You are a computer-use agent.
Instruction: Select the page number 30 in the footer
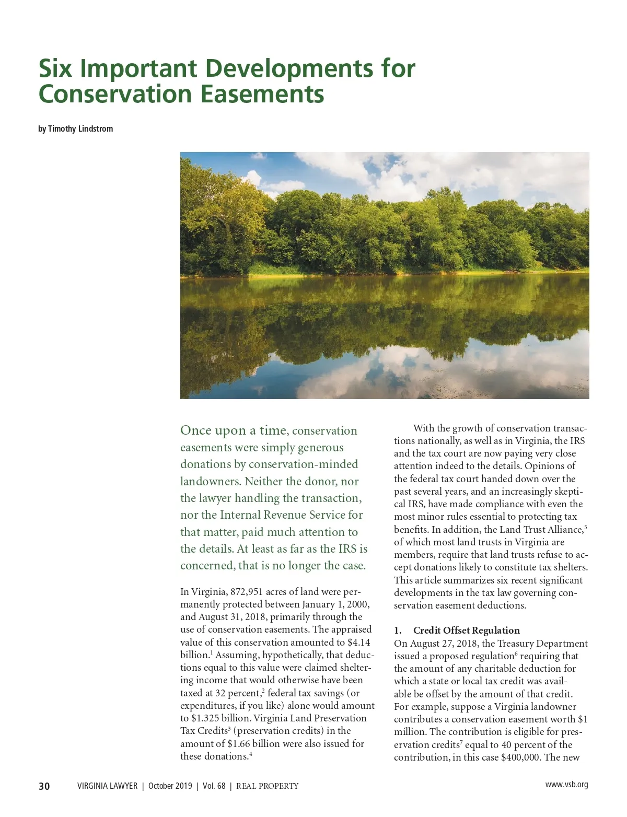pyautogui.click(x=44, y=786)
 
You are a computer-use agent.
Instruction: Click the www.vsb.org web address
pyautogui.click(x=566, y=785)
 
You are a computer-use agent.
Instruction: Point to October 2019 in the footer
pyautogui.click(x=170, y=786)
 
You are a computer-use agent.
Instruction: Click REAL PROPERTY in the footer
pyautogui.click(x=267, y=786)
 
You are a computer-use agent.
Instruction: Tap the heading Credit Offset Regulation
pyautogui.click(x=466, y=631)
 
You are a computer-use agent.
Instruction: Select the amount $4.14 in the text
pyautogui.click(x=358, y=643)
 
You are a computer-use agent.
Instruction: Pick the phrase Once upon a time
pyautogui.click(x=233, y=430)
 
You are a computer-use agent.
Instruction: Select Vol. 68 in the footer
pyautogui.click(x=214, y=786)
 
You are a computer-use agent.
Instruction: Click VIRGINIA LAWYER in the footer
pyautogui.click(x=107, y=786)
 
